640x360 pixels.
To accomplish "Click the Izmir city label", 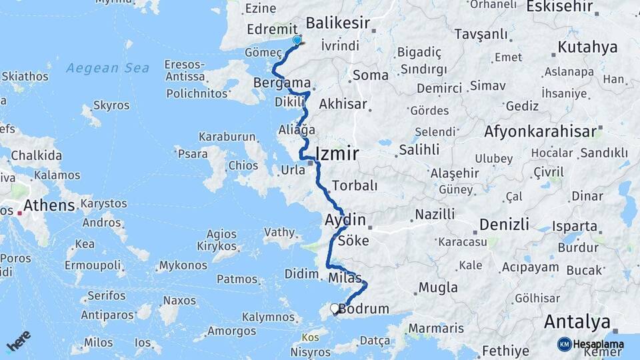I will click(337, 153).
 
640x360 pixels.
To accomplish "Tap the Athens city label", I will click(49, 205).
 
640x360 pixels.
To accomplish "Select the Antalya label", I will click(577, 322).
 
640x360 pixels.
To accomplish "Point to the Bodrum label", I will click(364, 309).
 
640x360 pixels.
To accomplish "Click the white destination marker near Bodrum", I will click(335, 308).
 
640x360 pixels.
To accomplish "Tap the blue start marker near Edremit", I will click(297, 40).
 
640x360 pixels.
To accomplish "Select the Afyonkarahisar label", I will click(540, 131).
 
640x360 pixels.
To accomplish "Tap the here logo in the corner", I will click(18, 341).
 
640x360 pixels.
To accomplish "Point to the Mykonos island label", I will click(183, 266).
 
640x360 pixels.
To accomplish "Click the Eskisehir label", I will click(560, 7).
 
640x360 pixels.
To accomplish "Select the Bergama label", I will click(283, 83).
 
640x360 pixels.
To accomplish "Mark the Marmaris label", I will click(435, 328).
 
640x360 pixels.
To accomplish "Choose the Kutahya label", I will click(587, 47).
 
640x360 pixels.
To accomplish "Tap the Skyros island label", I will click(111, 105).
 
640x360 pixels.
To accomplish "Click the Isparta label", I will click(575, 226).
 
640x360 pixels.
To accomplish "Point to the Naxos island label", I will click(180, 300).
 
